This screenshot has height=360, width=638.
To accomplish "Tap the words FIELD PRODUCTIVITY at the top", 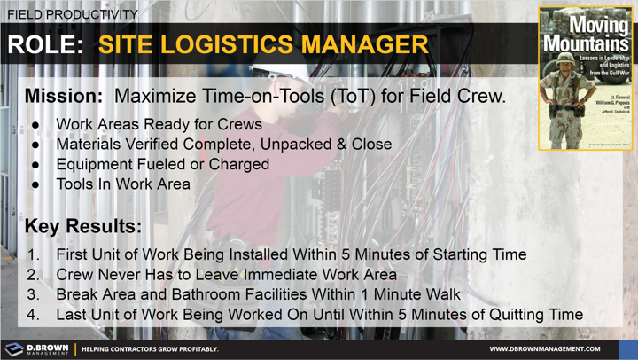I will click(73, 14).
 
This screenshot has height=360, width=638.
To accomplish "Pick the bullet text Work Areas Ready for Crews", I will click(159, 124).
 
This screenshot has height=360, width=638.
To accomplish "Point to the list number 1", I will click(34, 254).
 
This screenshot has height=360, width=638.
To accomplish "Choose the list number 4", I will click(34, 315).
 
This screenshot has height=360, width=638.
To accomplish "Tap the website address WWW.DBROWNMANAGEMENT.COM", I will click(545, 349).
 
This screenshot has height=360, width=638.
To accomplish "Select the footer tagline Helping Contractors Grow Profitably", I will click(150, 349).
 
